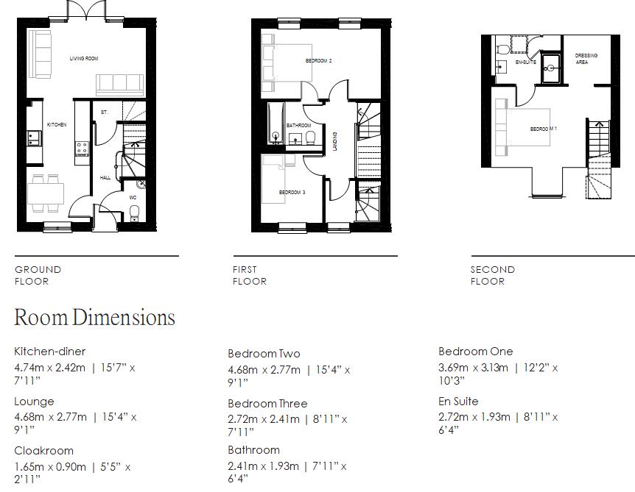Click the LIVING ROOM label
click(84, 58)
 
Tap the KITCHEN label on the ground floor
click(57, 125)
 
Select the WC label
click(133, 197)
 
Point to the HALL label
click(105, 177)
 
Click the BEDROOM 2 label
click(318, 60)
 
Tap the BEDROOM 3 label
click(292, 193)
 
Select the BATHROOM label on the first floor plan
click(298, 126)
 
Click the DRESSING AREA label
click(586, 59)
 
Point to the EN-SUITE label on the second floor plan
click(525, 63)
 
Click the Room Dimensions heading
click(94, 318)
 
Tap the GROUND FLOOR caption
click(38, 275)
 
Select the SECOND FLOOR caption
click(493, 275)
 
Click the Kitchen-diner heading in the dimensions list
click(49, 352)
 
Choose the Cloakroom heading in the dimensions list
click(43, 451)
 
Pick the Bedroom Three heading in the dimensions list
click(267, 404)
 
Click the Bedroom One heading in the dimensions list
click(475, 352)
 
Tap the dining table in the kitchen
click(46, 193)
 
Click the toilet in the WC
click(134, 213)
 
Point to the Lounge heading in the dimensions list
click(34, 402)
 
